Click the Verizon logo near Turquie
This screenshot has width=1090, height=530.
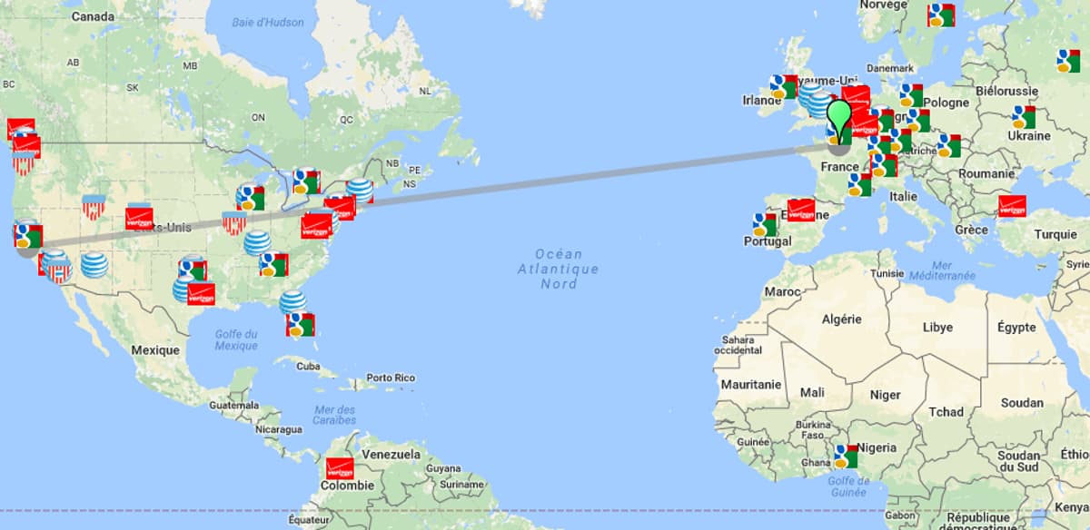pyautogui.click(x=1012, y=206)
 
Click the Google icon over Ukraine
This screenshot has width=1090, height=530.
pyautogui.click(x=1024, y=117)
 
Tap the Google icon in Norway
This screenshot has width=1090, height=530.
pyautogui.click(x=940, y=15)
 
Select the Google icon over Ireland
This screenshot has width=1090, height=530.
pyautogui.click(x=783, y=86)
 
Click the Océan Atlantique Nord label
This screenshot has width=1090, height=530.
pyautogui.click(x=558, y=269)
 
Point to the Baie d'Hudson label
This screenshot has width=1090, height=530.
pyautogui.click(x=267, y=22)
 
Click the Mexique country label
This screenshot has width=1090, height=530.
pyautogui.click(x=155, y=349)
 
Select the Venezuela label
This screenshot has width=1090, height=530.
pyautogui.click(x=391, y=454)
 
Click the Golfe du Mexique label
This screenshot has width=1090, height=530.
pyautogui.click(x=236, y=339)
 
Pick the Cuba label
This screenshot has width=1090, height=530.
pyautogui.click(x=309, y=366)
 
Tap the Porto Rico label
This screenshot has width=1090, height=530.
pyautogui.click(x=391, y=378)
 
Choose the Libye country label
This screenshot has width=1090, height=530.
pyautogui.click(x=937, y=327)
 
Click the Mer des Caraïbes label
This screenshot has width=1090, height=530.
pyautogui.click(x=334, y=414)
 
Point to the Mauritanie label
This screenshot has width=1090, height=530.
pyautogui.click(x=751, y=385)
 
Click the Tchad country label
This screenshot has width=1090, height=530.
pyautogui.click(x=946, y=412)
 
